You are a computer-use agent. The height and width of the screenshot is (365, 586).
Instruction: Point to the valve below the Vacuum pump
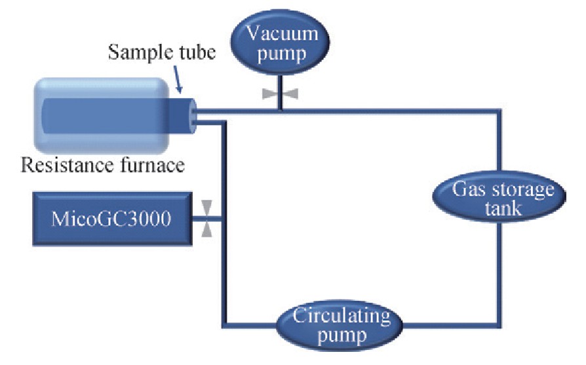pyautogui.click(x=280, y=94)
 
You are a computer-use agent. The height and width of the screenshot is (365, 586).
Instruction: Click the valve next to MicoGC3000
pyautogui.click(x=207, y=218)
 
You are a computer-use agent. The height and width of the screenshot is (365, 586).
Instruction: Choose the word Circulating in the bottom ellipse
pyautogui.click(x=341, y=317)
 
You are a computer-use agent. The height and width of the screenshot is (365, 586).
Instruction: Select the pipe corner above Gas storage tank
pyautogui.click(x=500, y=112)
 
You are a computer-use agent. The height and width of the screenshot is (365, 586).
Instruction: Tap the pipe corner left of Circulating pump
pyautogui.click(x=226, y=324)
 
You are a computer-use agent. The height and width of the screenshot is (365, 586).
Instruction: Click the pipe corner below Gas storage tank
pyautogui.click(x=500, y=324)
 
